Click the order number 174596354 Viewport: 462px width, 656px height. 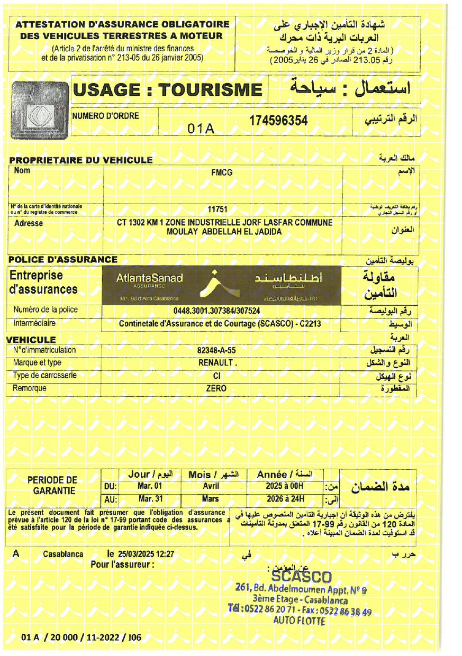278,121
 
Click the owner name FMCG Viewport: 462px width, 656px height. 222,172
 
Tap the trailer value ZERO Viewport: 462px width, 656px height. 216,388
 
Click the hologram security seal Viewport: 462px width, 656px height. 40,109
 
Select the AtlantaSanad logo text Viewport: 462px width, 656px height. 149,279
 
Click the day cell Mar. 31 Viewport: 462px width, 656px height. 150,499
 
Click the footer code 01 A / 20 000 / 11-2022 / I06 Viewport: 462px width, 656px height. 81,637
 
